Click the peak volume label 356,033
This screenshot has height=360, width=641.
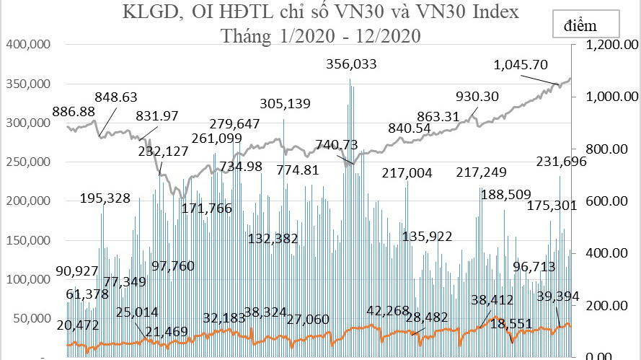352,64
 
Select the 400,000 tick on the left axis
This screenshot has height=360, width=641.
27,45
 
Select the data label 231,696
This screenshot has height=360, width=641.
562,162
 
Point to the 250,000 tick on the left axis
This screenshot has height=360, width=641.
27,162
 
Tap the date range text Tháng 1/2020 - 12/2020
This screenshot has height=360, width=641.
322,35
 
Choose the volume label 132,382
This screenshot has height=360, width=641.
273,238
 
